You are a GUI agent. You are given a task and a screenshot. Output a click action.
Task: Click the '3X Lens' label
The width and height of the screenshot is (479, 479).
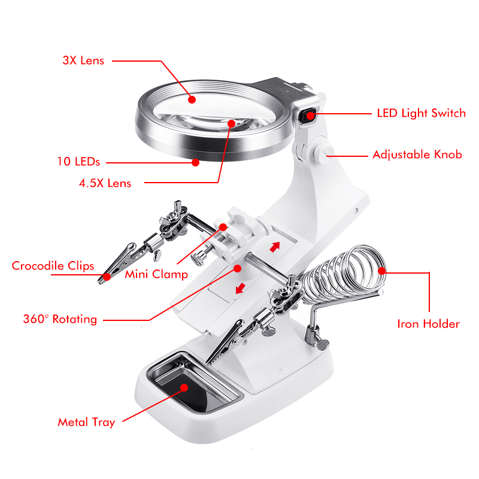(83, 60)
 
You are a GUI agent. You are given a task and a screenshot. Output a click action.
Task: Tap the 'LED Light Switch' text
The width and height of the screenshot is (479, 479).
(422, 113)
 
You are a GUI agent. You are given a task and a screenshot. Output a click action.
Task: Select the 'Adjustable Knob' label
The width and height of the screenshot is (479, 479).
(417, 154)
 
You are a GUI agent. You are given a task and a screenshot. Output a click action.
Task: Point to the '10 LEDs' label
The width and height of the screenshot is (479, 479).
(79, 162)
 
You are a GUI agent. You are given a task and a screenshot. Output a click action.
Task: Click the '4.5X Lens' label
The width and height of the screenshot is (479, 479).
(105, 183)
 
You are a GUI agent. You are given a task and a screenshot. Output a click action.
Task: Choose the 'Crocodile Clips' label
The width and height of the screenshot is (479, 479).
(53, 266)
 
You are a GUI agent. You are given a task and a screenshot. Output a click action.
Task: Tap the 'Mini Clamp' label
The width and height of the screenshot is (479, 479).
(156, 274)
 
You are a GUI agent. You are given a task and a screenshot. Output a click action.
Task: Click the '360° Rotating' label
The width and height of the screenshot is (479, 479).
(60, 319)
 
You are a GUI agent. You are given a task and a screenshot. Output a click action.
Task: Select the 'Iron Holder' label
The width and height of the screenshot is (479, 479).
(428, 324)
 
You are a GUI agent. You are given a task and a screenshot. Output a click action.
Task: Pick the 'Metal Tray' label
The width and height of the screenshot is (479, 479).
(86, 422)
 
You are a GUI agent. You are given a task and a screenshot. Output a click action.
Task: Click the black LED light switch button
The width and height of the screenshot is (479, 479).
(307, 116)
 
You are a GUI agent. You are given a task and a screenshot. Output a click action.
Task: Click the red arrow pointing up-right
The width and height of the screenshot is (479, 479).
(275, 247)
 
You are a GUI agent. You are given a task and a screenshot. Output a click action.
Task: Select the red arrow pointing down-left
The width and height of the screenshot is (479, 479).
(241, 288)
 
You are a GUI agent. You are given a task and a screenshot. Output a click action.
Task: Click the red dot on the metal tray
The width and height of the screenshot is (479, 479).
(184, 387)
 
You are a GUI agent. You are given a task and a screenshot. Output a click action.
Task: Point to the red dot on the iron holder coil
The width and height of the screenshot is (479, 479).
(381, 271)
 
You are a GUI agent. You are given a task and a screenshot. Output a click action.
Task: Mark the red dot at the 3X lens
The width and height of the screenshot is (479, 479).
(192, 99)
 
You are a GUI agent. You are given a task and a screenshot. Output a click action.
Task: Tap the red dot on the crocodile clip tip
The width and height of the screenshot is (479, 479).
(107, 277)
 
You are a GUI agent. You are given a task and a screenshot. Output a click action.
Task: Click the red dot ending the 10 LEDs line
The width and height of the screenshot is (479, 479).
(196, 162)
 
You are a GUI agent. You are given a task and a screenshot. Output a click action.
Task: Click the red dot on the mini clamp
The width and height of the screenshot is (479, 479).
(223, 227)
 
